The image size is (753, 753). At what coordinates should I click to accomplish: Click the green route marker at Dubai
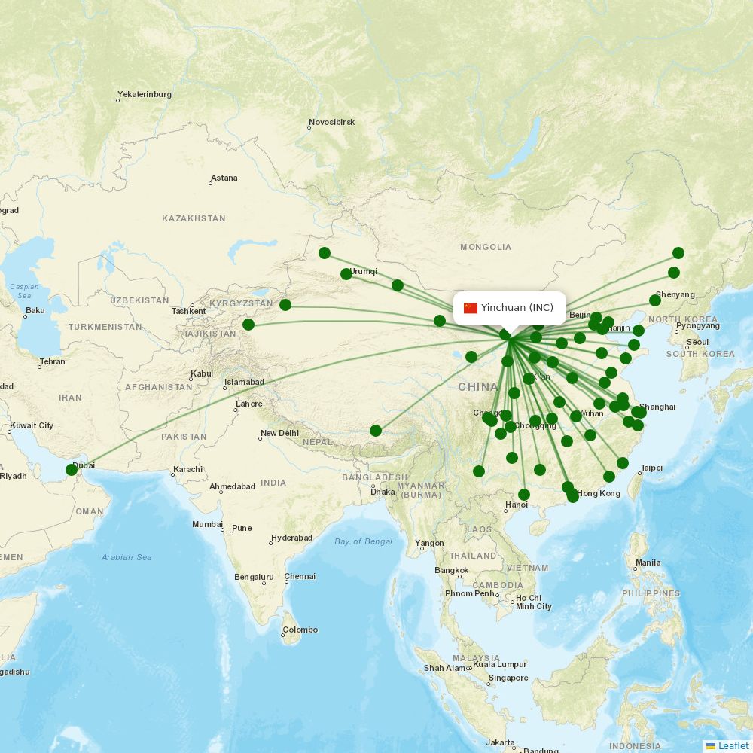click(72, 470)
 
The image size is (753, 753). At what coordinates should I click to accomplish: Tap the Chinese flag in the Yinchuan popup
click(471, 308)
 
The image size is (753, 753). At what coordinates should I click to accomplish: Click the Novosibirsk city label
click(332, 122)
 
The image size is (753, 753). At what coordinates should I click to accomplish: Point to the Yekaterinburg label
click(145, 95)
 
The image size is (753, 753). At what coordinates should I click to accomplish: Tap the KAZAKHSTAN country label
click(194, 218)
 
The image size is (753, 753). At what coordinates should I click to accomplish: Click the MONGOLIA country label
click(486, 247)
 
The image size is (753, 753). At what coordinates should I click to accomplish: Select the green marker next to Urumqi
click(346, 274)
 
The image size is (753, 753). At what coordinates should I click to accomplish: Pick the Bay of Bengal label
click(364, 541)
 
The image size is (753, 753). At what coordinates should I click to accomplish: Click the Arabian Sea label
click(127, 557)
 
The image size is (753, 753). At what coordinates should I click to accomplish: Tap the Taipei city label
click(651, 468)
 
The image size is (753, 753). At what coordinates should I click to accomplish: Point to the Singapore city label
click(508, 678)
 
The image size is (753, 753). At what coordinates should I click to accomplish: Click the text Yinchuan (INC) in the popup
click(517, 308)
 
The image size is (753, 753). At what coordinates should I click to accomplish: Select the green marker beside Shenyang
click(655, 300)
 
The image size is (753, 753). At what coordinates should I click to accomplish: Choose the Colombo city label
click(301, 630)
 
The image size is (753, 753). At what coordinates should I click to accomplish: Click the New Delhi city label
click(279, 433)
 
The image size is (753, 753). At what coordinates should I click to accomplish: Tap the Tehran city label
click(53, 361)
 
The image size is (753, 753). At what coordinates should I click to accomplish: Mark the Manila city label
click(648, 562)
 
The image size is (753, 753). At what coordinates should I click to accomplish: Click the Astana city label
click(224, 178)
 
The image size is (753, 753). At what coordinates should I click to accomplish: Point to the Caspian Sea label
click(24, 291)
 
